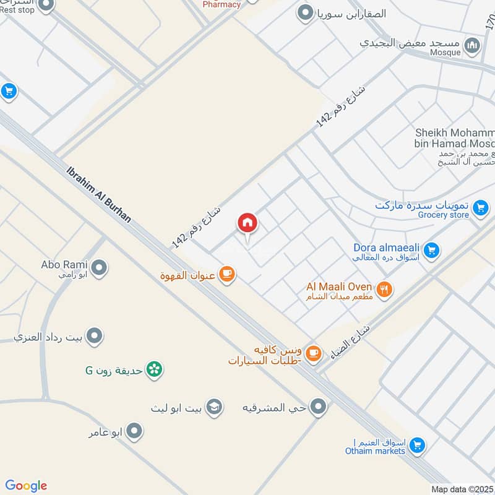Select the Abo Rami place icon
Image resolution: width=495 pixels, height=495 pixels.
click(99, 268)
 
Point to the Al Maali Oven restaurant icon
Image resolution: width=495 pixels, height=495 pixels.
click(384, 289)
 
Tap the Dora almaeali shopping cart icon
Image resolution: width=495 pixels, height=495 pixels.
click(431, 250)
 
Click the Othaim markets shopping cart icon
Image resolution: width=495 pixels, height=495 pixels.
click(417, 445)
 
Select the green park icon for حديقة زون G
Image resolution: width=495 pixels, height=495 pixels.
click(155, 369)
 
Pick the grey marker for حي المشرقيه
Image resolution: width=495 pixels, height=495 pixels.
click(318, 407)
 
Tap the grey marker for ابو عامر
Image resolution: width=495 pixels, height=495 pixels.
click(134, 431)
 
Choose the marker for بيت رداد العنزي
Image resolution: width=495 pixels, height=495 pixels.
click(94, 336)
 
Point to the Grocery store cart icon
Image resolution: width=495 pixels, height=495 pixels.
click(480, 209)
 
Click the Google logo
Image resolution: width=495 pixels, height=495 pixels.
click(26, 486)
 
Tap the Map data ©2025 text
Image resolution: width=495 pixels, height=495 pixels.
click(461, 489)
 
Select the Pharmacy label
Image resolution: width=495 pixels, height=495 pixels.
click(222, 4)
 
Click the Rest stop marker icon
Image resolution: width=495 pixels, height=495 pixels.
click(45, 6)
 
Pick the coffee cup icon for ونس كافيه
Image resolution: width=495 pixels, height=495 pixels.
click(314, 353)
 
